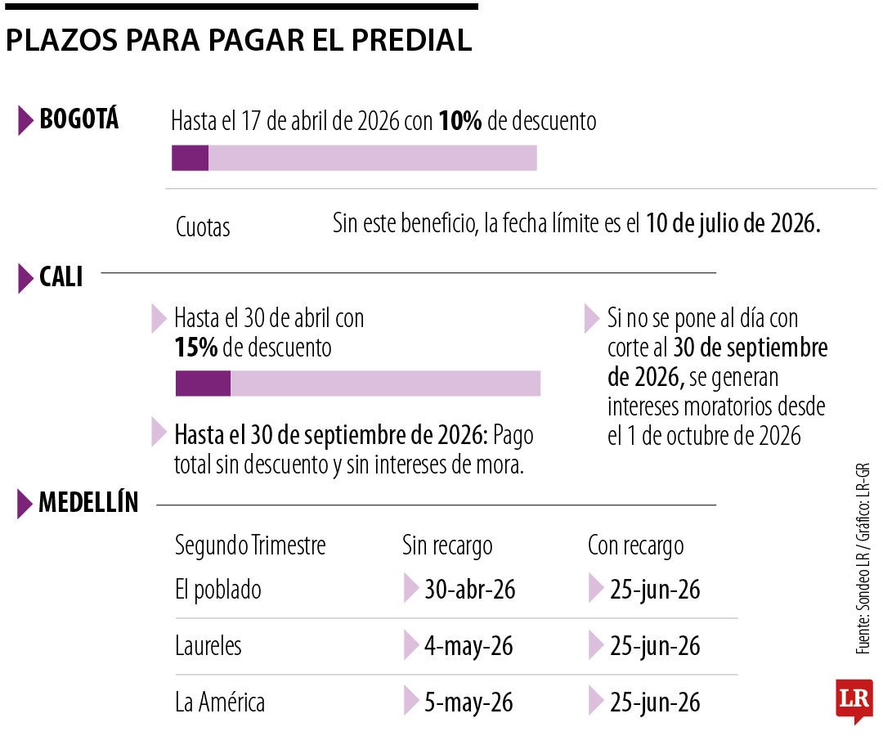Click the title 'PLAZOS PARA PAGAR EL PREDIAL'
[x=239, y=41]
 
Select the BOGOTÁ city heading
[x=79, y=120]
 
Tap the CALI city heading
[x=61, y=278]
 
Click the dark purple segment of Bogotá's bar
[x=190, y=158]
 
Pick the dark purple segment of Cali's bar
[x=203, y=384]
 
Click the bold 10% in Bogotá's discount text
[x=460, y=121]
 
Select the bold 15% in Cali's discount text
[x=195, y=348]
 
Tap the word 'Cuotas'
[x=203, y=227]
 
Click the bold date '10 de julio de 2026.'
[x=733, y=223]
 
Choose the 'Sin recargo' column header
[x=447, y=545]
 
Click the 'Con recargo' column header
[x=635, y=545]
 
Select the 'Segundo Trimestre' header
[x=250, y=545]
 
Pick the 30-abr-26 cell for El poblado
[x=469, y=589]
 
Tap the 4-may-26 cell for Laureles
[x=468, y=646]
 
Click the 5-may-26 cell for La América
[x=468, y=702]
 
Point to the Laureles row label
[x=208, y=646]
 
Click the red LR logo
[x=854, y=699]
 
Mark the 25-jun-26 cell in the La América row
[x=655, y=702]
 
